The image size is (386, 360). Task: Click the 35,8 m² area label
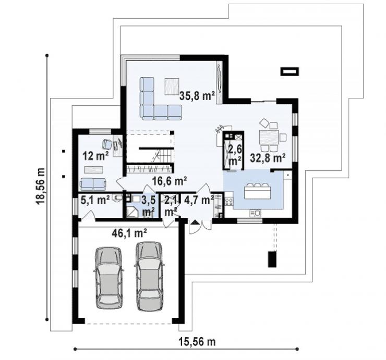pos(197,96)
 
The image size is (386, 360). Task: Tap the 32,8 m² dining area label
pos(268,158)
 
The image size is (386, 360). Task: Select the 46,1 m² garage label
pos(129,233)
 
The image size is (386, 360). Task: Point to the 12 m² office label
pos(96,156)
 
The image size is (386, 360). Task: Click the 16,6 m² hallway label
pos(170,181)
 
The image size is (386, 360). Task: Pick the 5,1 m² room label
pos(95,201)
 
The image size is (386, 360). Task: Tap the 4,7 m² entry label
pos(199,200)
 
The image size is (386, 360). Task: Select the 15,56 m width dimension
pos(197,342)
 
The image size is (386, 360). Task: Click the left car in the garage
pos(108,278)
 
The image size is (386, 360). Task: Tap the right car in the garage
pos(149,277)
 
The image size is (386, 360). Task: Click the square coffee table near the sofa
pos(172,86)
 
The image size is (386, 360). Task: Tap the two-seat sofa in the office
pos(93,184)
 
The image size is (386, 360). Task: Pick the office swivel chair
pos(107,144)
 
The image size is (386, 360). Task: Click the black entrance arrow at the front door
pos(196,222)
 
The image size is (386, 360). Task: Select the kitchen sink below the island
pos(255,213)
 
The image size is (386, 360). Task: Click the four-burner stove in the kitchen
pos(228,202)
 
